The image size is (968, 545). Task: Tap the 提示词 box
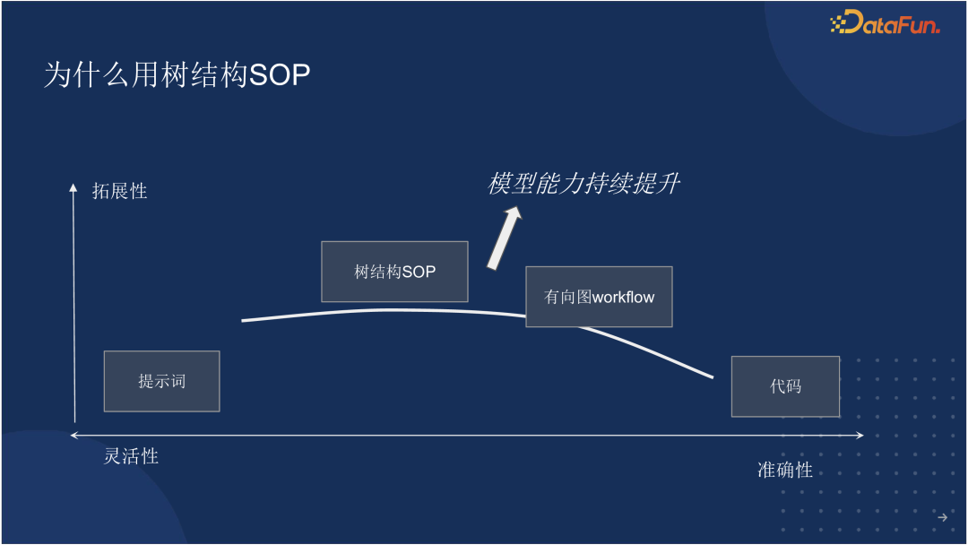pos(161,381)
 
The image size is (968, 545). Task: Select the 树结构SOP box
pos(394,272)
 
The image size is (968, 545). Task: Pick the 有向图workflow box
pos(599,297)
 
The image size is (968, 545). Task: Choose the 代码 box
pos(785,386)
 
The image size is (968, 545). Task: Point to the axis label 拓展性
pos(119,191)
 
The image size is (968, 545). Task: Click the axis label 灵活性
pos(131,456)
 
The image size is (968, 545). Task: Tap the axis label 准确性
pos(785,470)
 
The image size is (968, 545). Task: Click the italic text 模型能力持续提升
pos(583,184)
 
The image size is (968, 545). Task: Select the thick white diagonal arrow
pos(503,238)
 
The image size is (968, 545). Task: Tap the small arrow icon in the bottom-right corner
pos(942,517)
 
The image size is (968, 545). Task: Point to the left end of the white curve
pos(244,320)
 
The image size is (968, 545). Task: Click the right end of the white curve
pos(712,376)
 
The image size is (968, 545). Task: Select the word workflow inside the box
pos(624,297)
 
